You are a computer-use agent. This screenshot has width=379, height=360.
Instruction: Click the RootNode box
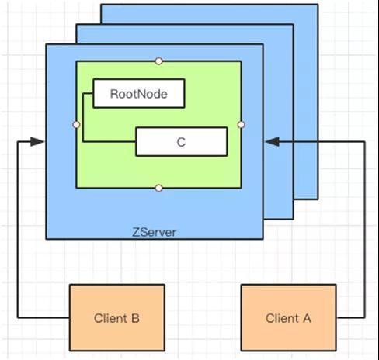[x=139, y=93]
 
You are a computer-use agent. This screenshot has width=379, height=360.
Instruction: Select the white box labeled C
[x=182, y=142]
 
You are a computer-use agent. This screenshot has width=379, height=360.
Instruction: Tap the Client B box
[x=117, y=317]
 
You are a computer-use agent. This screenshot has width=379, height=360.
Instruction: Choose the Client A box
[x=289, y=317]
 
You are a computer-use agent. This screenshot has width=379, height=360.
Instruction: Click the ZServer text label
[x=155, y=232]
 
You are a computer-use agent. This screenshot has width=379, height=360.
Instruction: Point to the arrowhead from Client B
[x=37, y=141]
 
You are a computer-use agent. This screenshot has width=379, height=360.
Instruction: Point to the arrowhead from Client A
[x=273, y=141]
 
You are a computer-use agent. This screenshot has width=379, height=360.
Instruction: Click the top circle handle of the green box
[x=159, y=61]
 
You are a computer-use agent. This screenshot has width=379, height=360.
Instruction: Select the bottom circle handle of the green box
[x=159, y=188]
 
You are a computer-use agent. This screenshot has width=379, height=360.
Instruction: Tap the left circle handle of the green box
[x=76, y=125]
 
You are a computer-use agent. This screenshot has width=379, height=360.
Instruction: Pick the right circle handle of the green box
[x=241, y=125]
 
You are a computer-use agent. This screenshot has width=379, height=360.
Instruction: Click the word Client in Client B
[x=110, y=318]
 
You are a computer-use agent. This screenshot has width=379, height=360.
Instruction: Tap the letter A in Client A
[x=308, y=318]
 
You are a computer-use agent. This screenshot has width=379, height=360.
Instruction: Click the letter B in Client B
[x=135, y=318]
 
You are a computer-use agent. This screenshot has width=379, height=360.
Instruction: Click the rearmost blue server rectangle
[x=305, y=103]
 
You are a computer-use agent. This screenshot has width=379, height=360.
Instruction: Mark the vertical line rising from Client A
[x=365, y=230]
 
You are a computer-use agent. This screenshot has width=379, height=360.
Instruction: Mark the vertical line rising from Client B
[x=18, y=230]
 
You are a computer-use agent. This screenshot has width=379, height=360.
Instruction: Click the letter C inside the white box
[x=181, y=142]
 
